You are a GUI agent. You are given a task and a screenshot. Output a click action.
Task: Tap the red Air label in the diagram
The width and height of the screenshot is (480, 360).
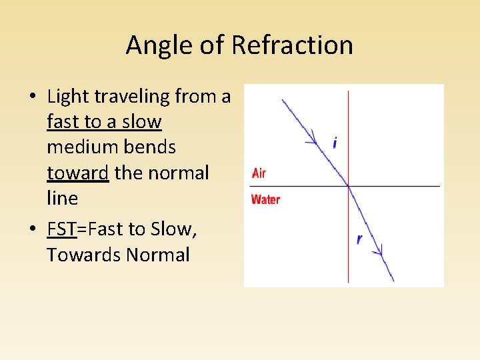pos(259,173)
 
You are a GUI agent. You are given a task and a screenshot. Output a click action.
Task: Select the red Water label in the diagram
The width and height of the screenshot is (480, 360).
pos(265,199)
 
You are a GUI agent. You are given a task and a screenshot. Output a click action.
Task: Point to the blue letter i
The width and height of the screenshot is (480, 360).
pos(335,143)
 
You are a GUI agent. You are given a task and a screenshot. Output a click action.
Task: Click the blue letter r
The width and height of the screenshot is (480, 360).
pos(359,239)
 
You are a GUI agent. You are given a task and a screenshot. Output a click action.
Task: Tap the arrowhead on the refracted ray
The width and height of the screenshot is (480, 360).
pos(379,251)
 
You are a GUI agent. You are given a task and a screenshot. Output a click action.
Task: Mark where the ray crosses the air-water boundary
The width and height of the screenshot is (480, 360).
pos(348,185)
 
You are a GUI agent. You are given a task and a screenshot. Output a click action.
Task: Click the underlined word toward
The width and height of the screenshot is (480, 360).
pos(77,173)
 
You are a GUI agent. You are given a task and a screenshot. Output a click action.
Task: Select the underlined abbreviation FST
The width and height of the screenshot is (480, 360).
pos(62,229)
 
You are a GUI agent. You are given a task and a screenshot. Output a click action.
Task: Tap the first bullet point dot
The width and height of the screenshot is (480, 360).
pos(32,97)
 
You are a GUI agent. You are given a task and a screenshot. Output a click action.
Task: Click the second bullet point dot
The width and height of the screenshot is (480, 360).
pos(32,229)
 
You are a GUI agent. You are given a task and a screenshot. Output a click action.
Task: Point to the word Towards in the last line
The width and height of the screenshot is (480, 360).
pos(80,255)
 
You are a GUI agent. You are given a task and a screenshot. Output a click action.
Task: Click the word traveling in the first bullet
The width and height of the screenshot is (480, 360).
pos(135,97)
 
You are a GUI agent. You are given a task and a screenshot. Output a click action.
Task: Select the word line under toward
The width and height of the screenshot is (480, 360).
pos(62,199)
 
